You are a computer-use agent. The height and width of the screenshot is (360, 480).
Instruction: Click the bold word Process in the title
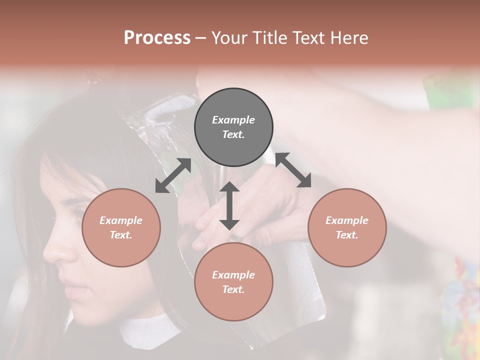157,38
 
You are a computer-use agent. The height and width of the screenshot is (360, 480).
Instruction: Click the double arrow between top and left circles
173,175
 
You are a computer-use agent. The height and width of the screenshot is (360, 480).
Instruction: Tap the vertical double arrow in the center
229,205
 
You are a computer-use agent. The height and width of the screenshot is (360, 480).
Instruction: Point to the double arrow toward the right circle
293,170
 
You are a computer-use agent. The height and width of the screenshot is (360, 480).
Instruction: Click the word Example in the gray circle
233,120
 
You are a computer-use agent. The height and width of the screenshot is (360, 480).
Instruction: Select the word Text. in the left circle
121,235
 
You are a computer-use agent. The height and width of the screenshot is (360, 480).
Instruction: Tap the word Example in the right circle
347,220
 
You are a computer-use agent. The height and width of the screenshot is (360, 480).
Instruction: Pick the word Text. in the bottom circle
233,289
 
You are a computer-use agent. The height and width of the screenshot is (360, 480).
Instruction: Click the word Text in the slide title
309,38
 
